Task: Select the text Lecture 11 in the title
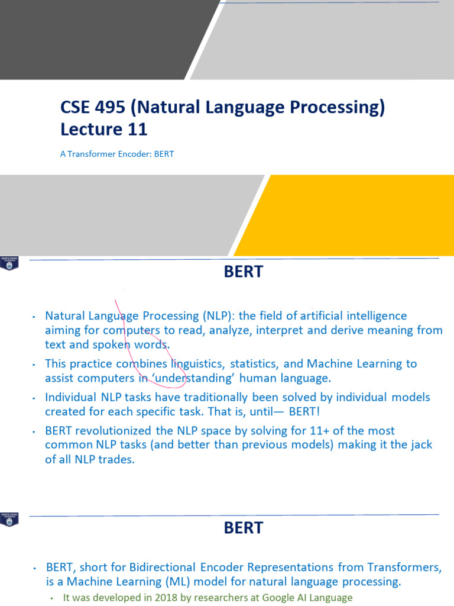tap(103, 129)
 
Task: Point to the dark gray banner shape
tap(95, 38)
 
